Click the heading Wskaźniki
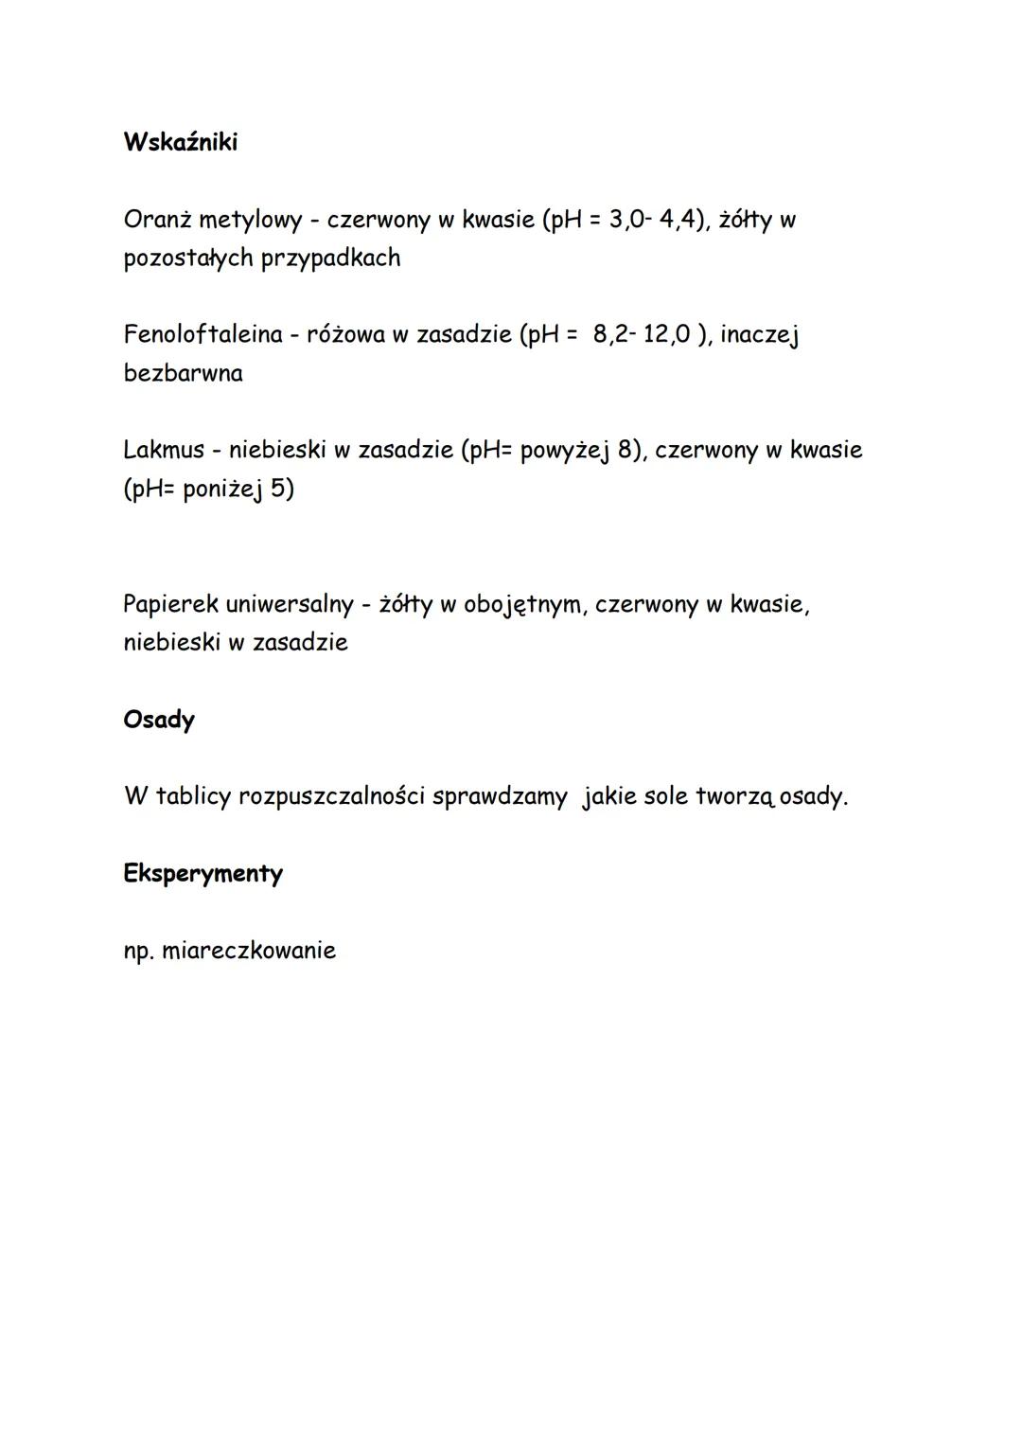180,142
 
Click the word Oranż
157,220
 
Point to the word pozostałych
188,258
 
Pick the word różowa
345,334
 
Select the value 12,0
666,334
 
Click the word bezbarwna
183,373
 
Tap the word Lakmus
164,450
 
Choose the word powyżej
565,451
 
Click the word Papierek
170,604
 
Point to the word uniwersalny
289,604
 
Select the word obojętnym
522,605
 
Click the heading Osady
159,720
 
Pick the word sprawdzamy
500,797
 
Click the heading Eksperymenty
203,873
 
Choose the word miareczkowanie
249,950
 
